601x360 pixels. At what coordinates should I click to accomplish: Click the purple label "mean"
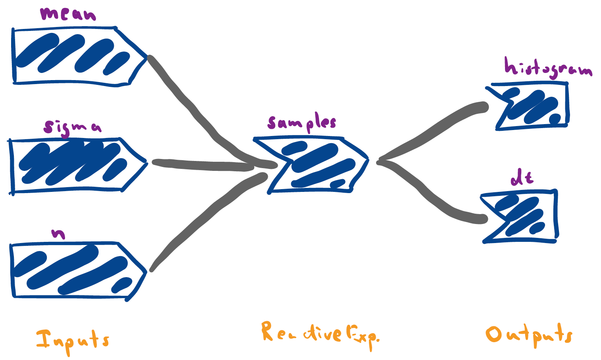(68, 14)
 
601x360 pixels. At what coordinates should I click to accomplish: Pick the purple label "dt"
(522, 178)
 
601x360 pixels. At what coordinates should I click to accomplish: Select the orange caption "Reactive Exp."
(319, 335)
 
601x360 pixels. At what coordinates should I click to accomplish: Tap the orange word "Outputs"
(530, 335)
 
